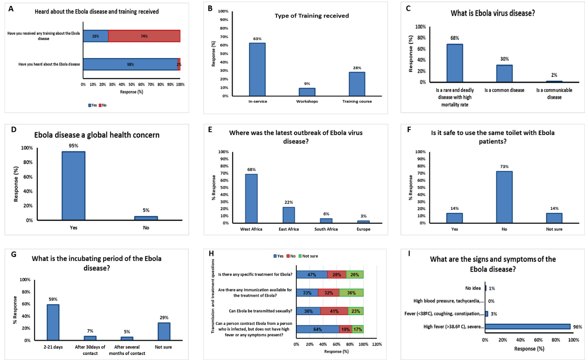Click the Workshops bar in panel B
click(307, 92)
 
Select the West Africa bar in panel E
click(251, 199)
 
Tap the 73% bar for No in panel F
click(504, 197)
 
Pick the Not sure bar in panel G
click(164, 332)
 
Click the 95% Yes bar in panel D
click(73, 186)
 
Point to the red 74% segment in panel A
click(144, 36)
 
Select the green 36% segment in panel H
click(351, 293)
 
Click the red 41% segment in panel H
click(334, 311)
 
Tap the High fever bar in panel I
click(527, 326)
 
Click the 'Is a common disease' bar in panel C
click(504, 74)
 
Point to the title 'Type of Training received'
click(312, 16)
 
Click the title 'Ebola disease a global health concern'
click(97, 135)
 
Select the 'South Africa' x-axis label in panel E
click(326, 229)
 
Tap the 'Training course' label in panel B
click(357, 101)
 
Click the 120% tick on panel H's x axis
click(377, 344)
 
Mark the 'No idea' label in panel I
click(473, 288)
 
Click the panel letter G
click(14, 255)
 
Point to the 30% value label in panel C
click(504, 59)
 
